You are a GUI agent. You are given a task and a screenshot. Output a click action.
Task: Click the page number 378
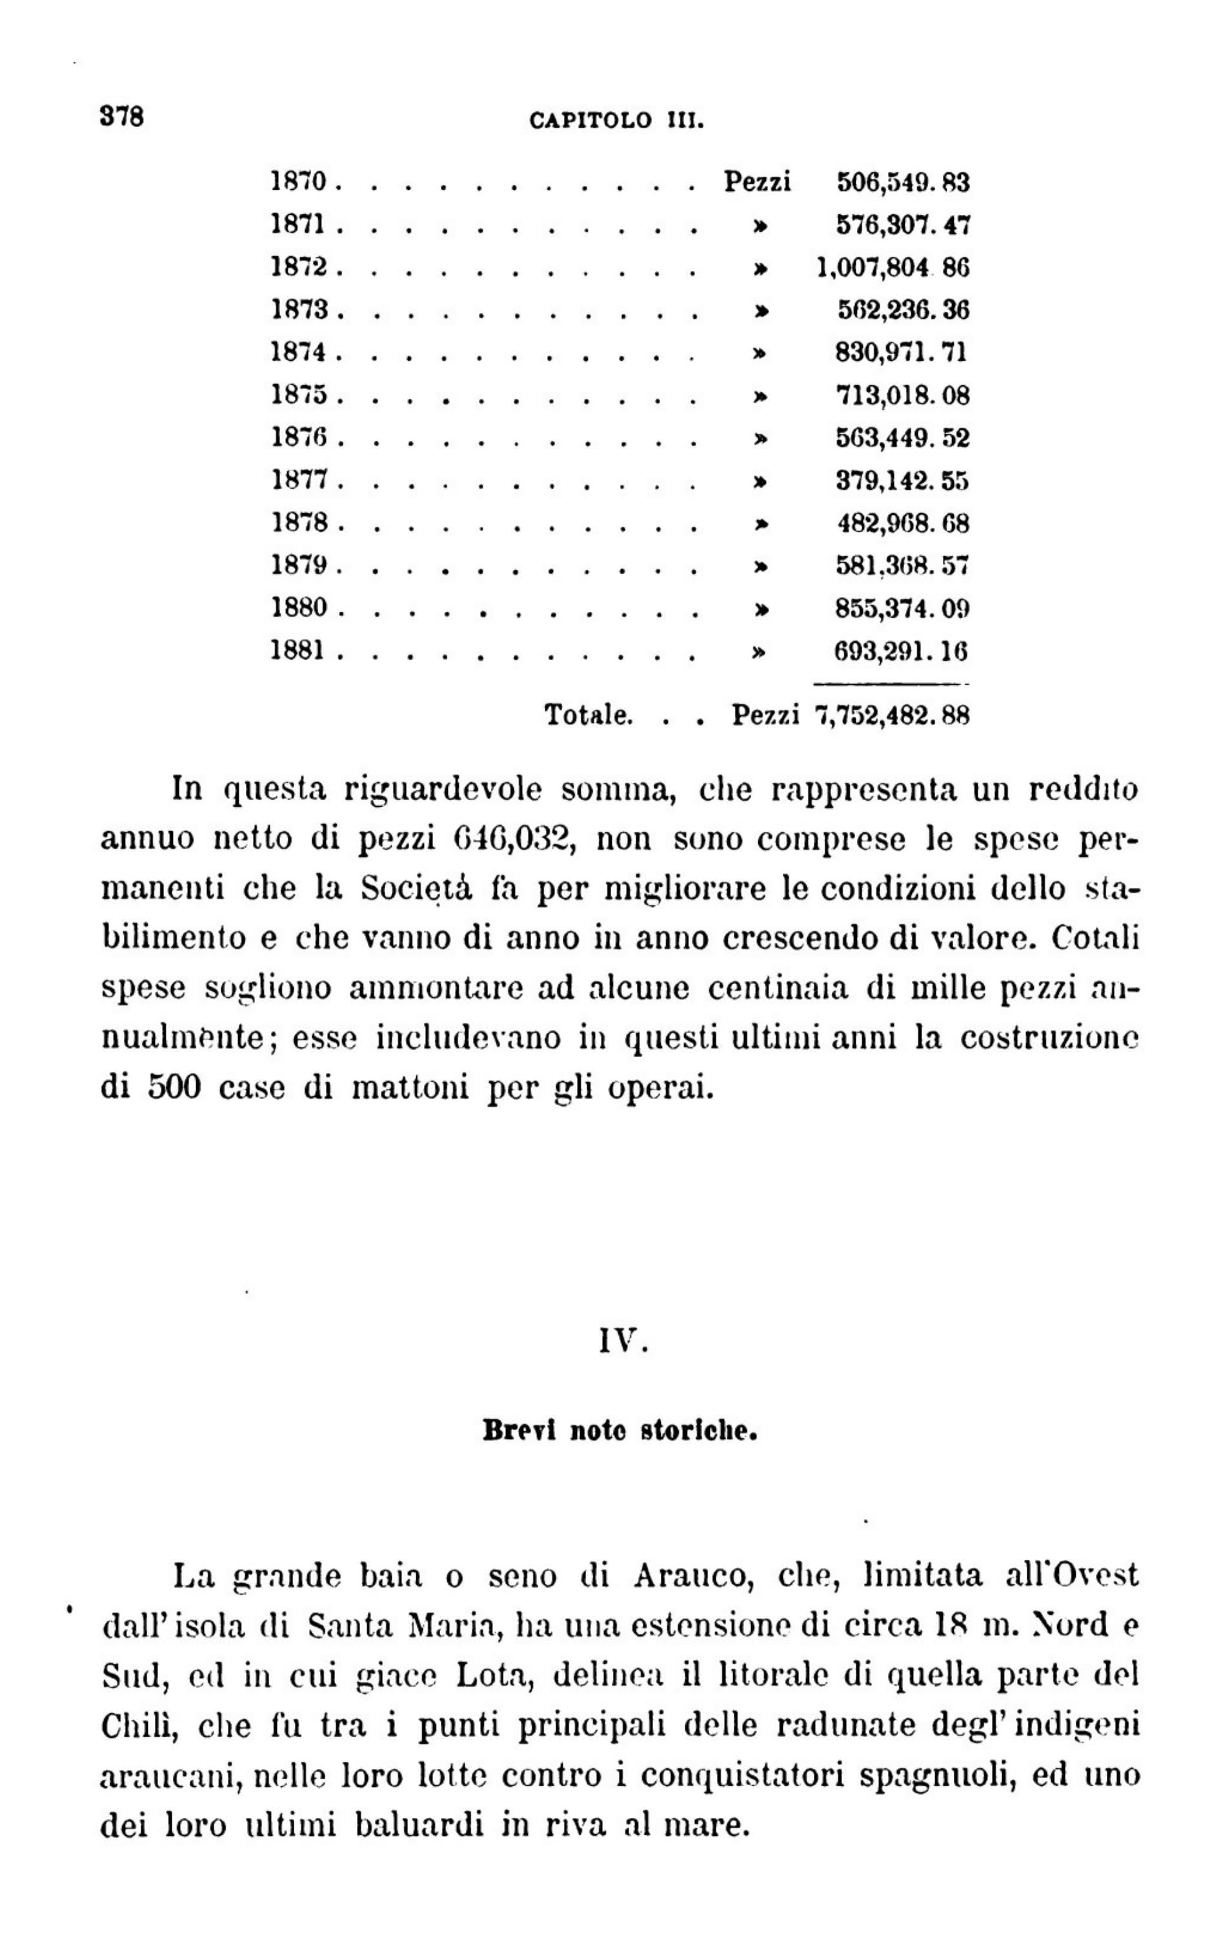pyautogui.click(x=121, y=117)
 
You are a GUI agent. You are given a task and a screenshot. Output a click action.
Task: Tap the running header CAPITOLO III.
pyautogui.click(x=616, y=121)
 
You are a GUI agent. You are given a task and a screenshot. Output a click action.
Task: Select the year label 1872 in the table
pyautogui.click(x=300, y=267)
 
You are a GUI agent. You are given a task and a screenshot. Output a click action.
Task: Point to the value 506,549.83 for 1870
pyautogui.click(x=903, y=183)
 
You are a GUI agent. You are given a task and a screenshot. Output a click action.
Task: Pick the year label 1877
pyautogui.click(x=300, y=481)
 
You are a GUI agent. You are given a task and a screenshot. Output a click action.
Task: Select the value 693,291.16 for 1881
pyautogui.click(x=901, y=651)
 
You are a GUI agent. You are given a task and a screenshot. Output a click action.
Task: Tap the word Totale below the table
pyautogui.click(x=589, y=714)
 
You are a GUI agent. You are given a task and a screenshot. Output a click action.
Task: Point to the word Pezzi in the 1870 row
pyautogui.click(x=757, y=183)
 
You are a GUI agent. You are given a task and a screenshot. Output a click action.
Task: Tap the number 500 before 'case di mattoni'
pyautogui.click(x=174, y=1089)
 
